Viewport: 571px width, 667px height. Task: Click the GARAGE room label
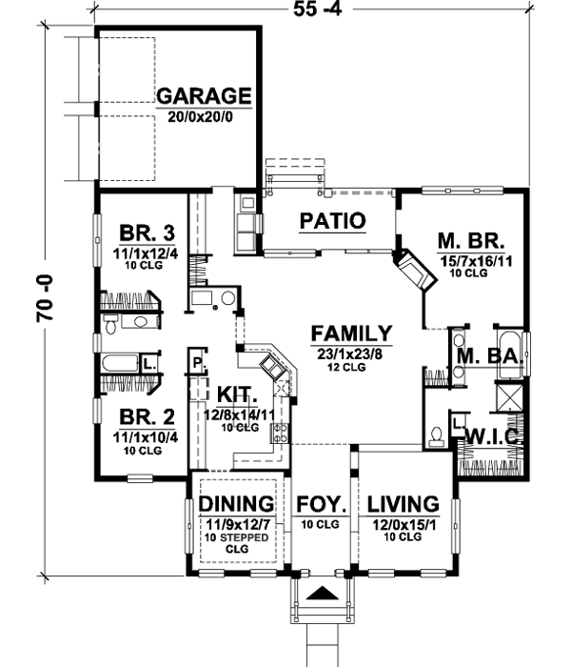pyautogui.click(x=204, y=95)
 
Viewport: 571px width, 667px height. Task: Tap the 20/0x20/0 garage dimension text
pyautogui.click(x=200, y=116)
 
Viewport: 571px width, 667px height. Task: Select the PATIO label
pyautogui.click(x=333, y=221)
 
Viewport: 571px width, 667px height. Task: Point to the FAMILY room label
pyautogui.click(x=351, y=333)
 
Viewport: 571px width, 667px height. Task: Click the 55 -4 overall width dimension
pyautogui.click(x=317, y=9)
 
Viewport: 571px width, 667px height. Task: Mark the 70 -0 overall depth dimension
pyautogui.click(x=45, y=297)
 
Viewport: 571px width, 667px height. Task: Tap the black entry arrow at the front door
pyautogui.click(x=323, y=593)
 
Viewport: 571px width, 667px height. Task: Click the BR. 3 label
pyautogui.click(x=147, y=233)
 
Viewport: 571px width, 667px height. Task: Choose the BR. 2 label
pyautogui.click(x=147, y=417)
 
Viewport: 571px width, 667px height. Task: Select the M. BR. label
pyautogui.click(x=471, y=241)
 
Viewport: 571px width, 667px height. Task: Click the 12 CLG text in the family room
pyautogui.click(x=346, y=367)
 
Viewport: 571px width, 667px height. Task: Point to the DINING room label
pyautogui.click(x=236, y=504)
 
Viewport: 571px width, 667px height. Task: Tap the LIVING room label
pyautogui.click(x=404, y=504)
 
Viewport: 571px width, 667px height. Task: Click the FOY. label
pyautogui.click(x=322, y=504)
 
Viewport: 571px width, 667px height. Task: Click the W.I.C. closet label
pyautogui.click(x=493, y=436)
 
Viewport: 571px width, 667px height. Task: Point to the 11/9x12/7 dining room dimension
pyautogui.click(x=238, y=524)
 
